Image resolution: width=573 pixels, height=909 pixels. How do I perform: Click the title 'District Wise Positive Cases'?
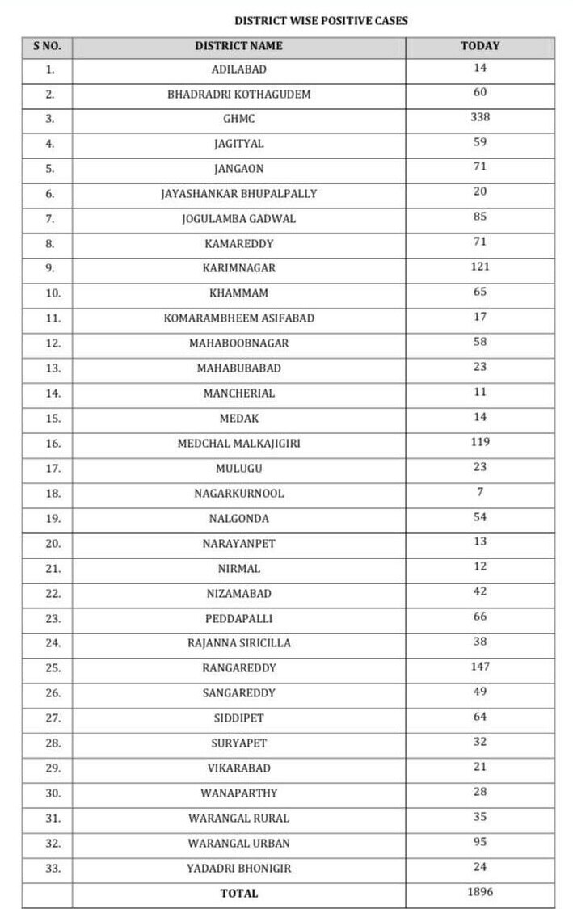321,21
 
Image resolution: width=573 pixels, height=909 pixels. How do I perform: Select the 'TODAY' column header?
480,46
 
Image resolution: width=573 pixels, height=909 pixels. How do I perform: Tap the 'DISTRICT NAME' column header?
238,46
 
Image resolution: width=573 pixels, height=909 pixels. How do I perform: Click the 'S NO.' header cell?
48,46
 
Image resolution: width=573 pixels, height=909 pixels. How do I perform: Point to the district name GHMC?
239,119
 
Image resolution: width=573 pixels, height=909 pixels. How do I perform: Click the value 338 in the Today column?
480,117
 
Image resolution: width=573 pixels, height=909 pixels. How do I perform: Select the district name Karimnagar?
239,268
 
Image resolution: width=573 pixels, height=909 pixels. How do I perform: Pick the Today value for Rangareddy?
480,667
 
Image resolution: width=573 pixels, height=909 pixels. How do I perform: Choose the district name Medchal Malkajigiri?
239,444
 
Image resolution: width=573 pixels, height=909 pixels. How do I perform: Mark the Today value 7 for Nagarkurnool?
480,492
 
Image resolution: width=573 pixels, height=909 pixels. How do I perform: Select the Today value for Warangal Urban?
480,842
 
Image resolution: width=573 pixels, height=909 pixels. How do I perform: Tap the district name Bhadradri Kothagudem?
239,94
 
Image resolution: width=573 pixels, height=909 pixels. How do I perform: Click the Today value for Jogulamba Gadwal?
480,217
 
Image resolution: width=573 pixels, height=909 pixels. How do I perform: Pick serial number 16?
53,444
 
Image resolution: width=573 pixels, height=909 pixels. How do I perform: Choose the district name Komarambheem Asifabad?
239,318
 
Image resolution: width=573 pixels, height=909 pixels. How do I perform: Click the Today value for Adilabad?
480,68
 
